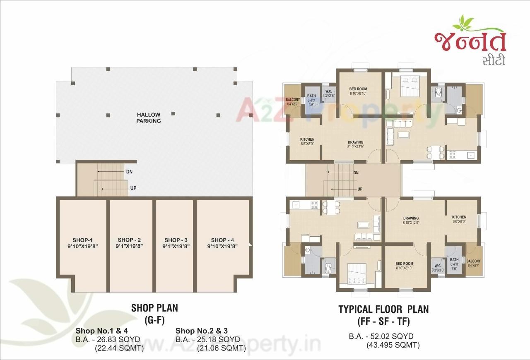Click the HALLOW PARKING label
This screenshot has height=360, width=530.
point(149,118)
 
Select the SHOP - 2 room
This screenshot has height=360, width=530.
point(129,243)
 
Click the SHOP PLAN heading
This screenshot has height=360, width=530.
point(154,308)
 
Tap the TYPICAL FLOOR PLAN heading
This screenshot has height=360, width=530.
point(383,309)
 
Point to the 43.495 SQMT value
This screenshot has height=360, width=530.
point(393,345)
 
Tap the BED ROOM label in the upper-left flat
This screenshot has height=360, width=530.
point(358,89)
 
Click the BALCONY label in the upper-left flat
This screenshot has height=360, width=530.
point(293,100)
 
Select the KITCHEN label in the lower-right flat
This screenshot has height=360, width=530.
point(459,217)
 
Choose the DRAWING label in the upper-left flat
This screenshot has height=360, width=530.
point(355,142)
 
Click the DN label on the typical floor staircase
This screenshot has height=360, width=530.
point(356,173)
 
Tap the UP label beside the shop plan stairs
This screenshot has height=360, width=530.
point(133,188)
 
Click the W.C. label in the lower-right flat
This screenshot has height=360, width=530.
point(437,265)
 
